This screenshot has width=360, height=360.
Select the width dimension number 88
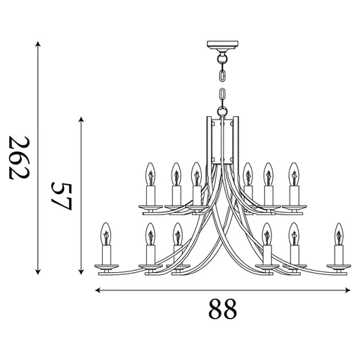[x=221, y=308]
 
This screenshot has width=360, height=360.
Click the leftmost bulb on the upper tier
[x=149, y=172]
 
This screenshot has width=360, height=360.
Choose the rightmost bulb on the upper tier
[x=293, y=172]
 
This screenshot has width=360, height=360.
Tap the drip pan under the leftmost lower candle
[x=107, y=266]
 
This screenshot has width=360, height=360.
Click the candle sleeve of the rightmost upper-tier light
[x=293, y=193]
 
